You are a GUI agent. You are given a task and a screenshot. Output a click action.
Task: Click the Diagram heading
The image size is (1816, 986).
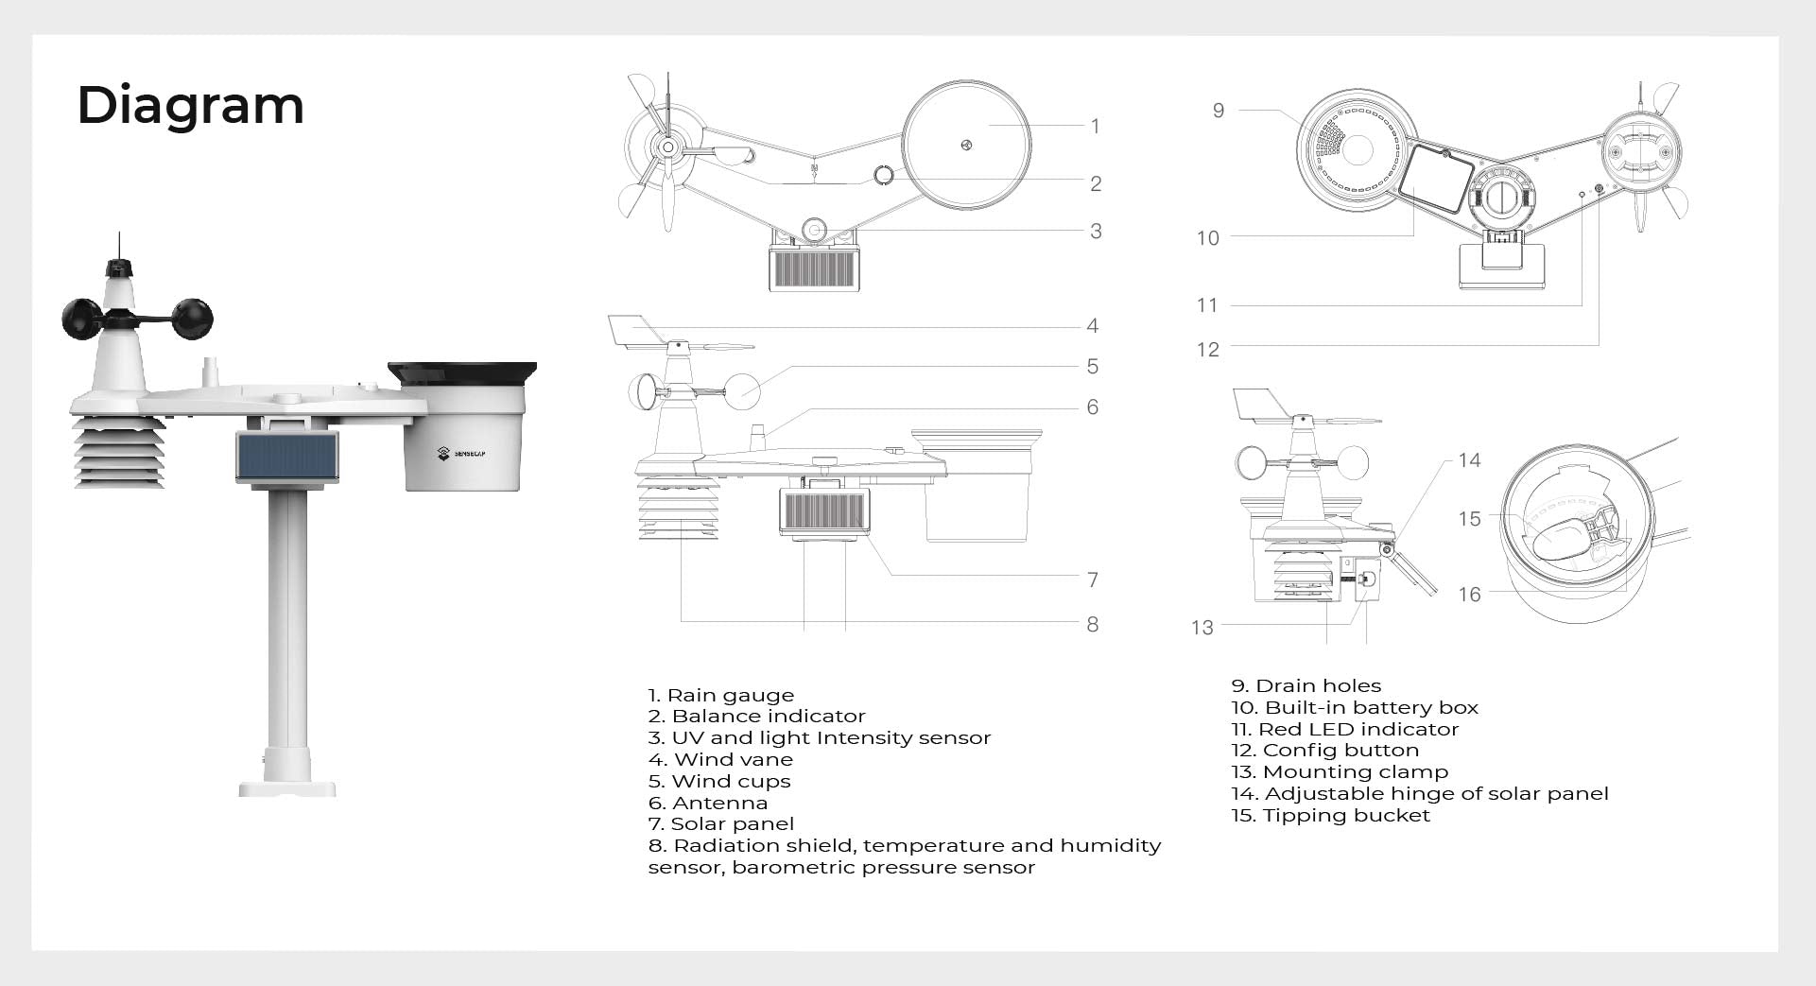(190, 105)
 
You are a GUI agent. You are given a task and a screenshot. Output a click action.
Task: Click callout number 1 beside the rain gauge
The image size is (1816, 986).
(1095, 126)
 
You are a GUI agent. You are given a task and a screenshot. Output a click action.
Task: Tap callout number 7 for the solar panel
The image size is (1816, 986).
(1093, 579)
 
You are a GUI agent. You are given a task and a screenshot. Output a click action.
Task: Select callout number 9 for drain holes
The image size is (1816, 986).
(1218, 111)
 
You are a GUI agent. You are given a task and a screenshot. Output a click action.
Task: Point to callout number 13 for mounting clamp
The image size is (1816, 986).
(1202, 627)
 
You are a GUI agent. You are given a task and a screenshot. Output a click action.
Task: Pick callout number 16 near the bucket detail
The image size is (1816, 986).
(1469, 594)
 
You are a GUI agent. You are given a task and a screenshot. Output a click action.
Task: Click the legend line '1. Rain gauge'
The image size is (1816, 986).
(720, 696)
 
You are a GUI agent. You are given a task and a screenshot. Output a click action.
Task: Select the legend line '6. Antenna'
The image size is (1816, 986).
(707, 803)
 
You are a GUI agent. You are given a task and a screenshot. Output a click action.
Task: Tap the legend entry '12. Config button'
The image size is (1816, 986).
(1324, 751)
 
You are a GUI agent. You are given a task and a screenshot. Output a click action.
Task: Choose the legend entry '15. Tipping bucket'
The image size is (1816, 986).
(1330, 815)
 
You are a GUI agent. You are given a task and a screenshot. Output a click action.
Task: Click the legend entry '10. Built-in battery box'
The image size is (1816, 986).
(1354, 707)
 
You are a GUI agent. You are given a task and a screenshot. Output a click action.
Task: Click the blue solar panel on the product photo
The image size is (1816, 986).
(286, 457)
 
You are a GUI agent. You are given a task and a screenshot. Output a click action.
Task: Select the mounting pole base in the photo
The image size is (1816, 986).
(286, 786)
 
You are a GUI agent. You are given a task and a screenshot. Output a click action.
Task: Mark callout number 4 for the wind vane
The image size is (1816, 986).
(1092, 326)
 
